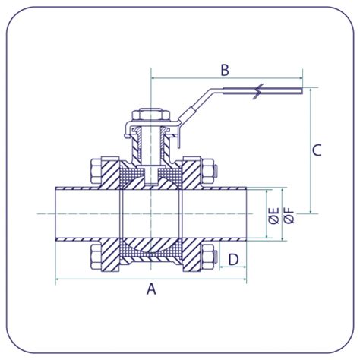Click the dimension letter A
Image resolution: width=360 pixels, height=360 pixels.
click(150, 289)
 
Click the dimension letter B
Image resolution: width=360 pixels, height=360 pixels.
click(224, 71)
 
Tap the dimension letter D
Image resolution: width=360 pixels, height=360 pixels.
click(233, 259)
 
